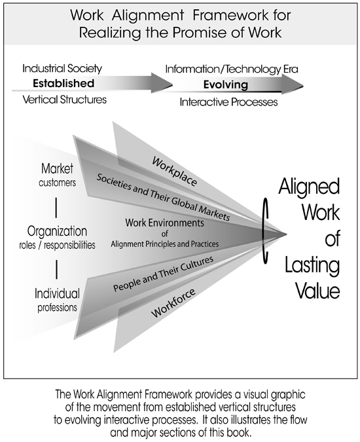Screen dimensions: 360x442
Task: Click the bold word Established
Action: coord(63,83)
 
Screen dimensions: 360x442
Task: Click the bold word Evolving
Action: coord(226,84)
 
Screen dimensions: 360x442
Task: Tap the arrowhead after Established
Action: coord(162,83)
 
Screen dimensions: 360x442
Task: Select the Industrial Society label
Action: coord(62,69)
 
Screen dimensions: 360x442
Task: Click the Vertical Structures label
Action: coord(65,100)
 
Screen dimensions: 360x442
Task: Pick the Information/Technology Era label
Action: coord(232,69)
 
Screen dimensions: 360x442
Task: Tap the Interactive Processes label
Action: coord(228,102)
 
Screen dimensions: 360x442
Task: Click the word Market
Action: coord(57,168)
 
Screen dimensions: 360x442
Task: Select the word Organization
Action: coord(57,231)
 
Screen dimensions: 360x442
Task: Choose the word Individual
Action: coord(57,293)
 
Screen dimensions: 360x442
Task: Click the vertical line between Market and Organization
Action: coord(56,208)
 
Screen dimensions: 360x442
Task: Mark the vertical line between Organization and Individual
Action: coord(57,269)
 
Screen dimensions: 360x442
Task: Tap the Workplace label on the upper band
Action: coord(174,172)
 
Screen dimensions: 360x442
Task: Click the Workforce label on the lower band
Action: coord(173,303)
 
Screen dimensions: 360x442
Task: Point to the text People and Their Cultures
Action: coord(163,274)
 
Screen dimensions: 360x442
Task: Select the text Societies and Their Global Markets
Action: coord(163,196)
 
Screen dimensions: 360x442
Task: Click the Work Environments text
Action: coord(164,223)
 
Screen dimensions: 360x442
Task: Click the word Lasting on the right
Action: coord(312,265)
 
